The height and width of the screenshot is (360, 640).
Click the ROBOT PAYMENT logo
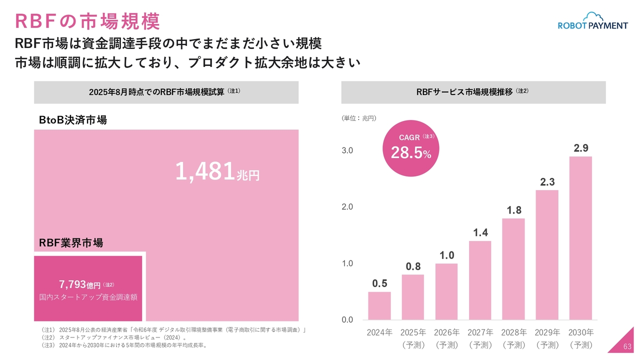pos(592,21)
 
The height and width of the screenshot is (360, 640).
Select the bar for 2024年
pos(379,305)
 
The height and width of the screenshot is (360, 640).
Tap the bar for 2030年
pos(580,238)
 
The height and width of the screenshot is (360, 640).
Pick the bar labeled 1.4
pos(480,280)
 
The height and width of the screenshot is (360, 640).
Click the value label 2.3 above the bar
pos(547,182)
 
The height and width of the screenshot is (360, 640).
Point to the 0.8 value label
pos(413,267)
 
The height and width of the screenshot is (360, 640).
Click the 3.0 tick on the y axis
pos(347,150)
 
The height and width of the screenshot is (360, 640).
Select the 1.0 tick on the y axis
pos(347,263)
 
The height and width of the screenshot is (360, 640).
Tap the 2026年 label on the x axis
pos(446,332)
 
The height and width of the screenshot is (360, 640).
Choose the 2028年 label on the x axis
pos(514,332)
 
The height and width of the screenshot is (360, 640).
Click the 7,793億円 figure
pos(80,285)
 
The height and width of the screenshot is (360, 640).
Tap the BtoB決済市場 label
pos(73,120)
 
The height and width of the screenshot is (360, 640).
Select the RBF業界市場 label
pos(71,243)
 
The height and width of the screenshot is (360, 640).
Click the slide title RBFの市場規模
pos(88,21)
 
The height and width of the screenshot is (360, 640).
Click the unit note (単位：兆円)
pos(359,118)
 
